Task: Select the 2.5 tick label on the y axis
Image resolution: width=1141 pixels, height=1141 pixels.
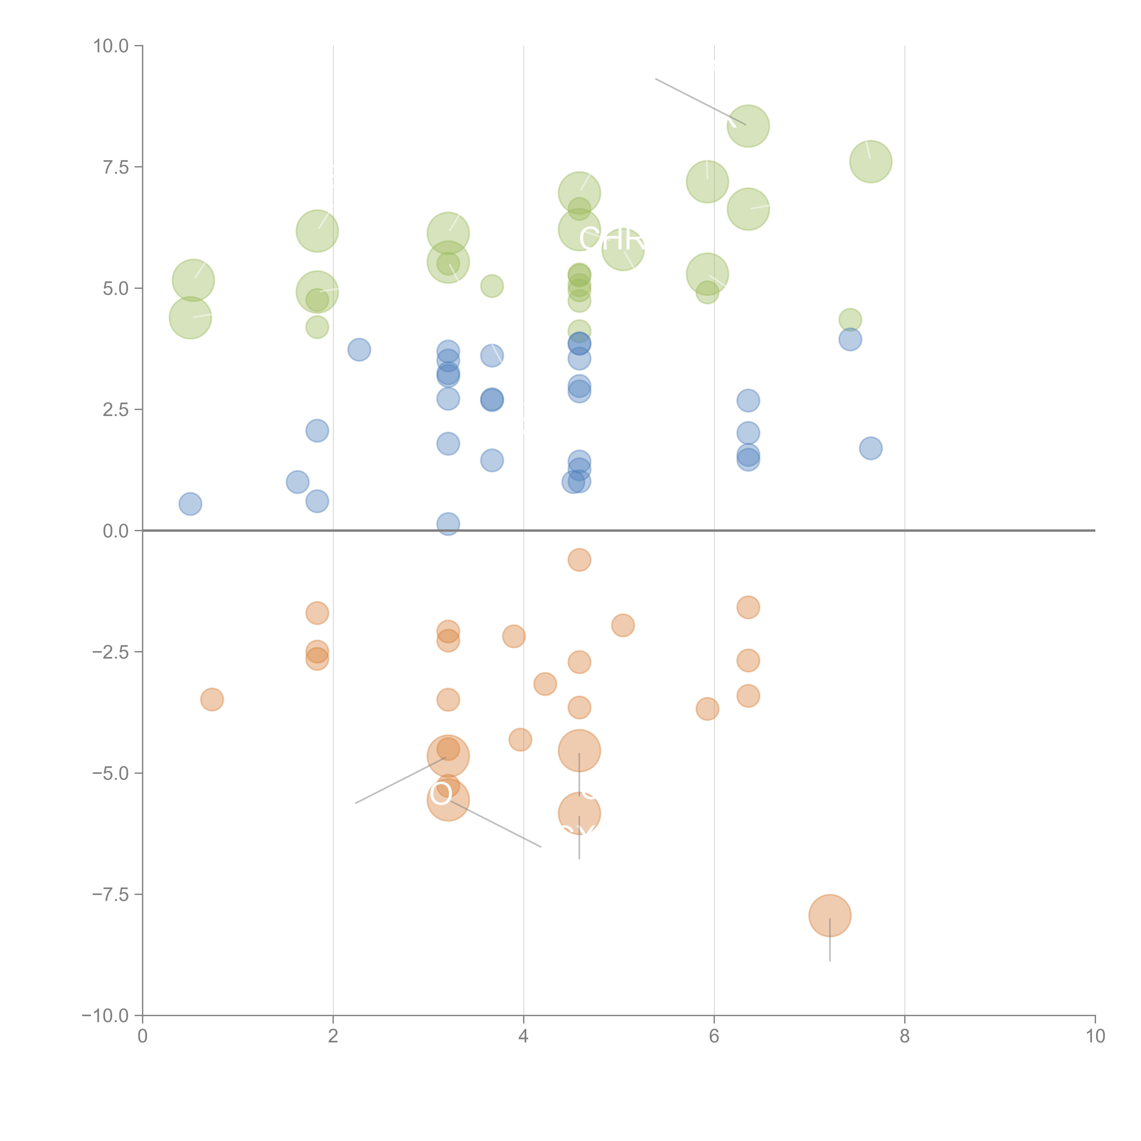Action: (x=116, y=410)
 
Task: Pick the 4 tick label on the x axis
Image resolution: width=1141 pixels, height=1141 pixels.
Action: (x=523, y=1036)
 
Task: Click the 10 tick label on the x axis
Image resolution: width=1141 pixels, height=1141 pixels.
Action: (x=1095, y=1036)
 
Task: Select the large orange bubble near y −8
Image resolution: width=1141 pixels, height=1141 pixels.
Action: (x=830, y=915)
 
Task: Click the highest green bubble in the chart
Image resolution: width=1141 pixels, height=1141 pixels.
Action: (x=748, y=126)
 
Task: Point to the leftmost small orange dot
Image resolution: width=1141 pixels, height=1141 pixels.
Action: (x=212, y=700)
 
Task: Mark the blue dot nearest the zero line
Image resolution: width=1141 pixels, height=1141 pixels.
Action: (x=448, y=524)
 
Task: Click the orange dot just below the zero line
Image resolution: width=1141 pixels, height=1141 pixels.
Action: (x=579, y=560)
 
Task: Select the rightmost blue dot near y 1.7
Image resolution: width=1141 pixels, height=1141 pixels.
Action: (x=871, y=448)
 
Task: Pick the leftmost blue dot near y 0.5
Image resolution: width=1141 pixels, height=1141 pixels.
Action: (x=190, y=504)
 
